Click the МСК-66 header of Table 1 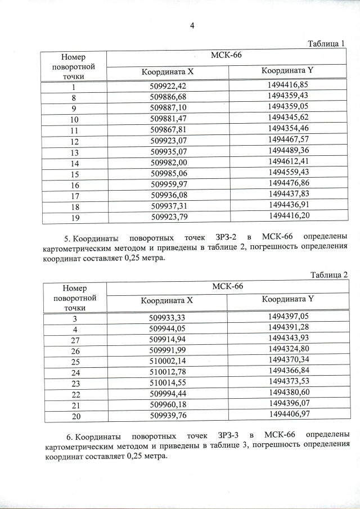tap(227, 56)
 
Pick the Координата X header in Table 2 tap(166, 300)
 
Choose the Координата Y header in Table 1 tap(287, 71)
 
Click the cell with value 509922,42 tap(167, 86)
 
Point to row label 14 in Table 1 tap(74, 163)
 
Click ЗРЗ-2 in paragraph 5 tap(227, 235)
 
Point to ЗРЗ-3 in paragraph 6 tap(227, 436)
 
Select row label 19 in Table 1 tap(74, 215)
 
